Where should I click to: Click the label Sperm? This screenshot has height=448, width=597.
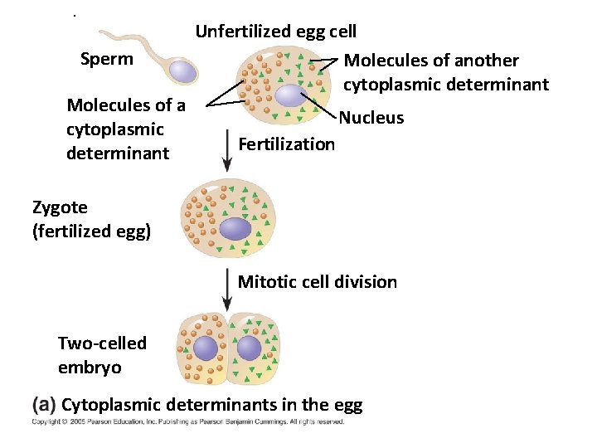click(106, 59)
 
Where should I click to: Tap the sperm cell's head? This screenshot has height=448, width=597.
click(183, 71)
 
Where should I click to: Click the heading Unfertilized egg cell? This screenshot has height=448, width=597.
click(275, 32)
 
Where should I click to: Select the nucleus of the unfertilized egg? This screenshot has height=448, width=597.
click(291, 96)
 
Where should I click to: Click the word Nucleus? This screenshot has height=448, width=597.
click(371, 118)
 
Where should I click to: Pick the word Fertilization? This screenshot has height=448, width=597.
click(286, 144)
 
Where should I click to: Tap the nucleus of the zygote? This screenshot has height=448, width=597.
click(235, 228)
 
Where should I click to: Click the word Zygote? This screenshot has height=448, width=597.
click(60, 207)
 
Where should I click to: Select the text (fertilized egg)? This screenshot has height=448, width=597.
click(91, 231)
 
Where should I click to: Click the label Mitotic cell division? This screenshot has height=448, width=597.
click(318, 282)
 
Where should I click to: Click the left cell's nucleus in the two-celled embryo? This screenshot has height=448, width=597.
click(205, 348)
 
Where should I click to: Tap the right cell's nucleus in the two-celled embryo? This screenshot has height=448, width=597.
click(249, 348)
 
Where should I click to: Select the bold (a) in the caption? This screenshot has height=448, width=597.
click(44, 405)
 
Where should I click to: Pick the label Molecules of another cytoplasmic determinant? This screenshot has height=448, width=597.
click(445, 72)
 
